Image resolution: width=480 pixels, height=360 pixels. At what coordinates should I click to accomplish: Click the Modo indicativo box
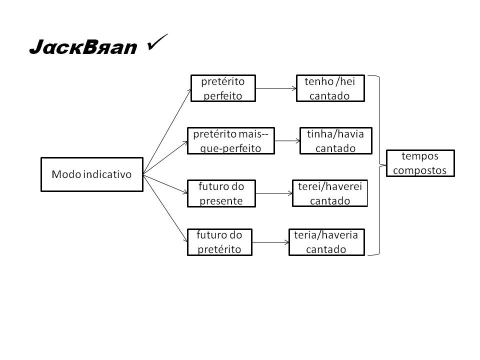click(91, 174)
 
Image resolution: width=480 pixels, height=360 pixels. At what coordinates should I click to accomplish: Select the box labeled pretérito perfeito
click(222, 88)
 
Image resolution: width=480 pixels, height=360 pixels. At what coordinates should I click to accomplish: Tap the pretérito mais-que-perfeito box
click(230, 140)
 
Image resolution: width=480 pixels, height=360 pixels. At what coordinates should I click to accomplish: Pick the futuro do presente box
click(221, 193)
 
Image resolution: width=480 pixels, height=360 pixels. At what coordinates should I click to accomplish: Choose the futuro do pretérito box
click(219, 242)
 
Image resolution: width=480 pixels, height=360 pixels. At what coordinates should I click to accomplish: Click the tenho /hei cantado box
click(330, 88)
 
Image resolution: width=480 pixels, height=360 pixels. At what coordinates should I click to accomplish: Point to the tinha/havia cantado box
click(335, 140)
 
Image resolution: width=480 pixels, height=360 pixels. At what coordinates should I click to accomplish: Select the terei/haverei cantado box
click(329, 193)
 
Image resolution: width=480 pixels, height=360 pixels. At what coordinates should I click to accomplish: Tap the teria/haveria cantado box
click(326, 242)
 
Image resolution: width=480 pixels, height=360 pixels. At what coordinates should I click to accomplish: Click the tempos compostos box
click(420, 163)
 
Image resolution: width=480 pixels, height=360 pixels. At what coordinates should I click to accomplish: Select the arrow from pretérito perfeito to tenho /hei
click(275, 88)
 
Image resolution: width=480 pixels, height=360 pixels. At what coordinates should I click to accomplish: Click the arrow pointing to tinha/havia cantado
click(287, 140)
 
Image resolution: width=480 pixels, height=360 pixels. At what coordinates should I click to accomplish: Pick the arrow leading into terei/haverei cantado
click(273, 193)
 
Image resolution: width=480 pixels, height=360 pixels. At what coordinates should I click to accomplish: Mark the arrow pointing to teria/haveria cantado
click(270, 242)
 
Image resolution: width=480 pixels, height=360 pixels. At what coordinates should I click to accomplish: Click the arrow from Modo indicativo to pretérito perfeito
click(167, 131)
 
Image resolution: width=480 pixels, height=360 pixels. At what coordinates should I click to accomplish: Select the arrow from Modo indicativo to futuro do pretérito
click(165, 207)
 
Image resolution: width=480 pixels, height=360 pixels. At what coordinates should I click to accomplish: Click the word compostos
click(420, 170)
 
